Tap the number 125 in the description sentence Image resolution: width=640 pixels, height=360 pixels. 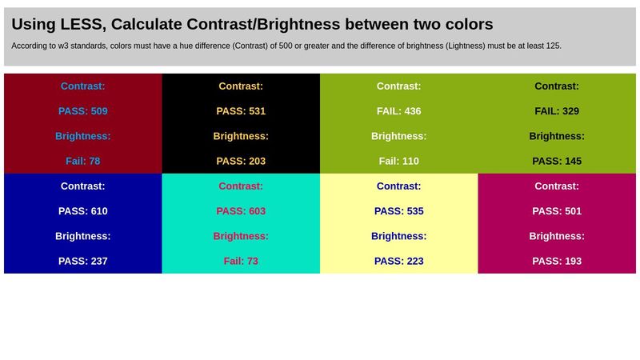pyautogui.click(x=553, y=46)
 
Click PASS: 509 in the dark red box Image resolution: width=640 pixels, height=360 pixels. pyautogui.click(x=83, y=111)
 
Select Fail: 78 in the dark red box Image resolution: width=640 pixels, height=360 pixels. pyautogui.click(x=83, y=161)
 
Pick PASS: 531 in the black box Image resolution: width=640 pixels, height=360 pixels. pyautogui.click(x=241, y=111)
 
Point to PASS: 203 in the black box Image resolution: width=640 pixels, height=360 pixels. pyautogui.click(x=241, y=161)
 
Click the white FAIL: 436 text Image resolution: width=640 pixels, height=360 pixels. pyautogui.click(x=398, y=111)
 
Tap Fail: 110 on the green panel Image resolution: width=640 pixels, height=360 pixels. pyautogui.click(x=398, y=161)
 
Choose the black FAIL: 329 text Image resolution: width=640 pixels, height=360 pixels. pyautogui.click(x=557, y=111)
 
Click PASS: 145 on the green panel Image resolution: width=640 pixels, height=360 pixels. pyautogui.click(x=557, y=161)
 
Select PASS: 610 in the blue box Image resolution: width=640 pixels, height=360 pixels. pyautogui.click(x=83, y=211)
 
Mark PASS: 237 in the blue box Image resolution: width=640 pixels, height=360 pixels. pyautogui.click(x=83, y=261)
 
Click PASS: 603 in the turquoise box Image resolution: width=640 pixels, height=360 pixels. pyautogui.click(x=241, y=211)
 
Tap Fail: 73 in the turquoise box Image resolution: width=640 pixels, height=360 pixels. pyautogui.click(x=241, y=261)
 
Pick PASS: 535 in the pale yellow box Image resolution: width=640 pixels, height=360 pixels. pyautogui.click(x=398, y=211)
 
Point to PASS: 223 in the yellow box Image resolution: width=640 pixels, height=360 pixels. pyautogui.click(x=398, y=261)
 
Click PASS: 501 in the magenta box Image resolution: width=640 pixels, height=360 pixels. pyautogui.click(x=557, y=211)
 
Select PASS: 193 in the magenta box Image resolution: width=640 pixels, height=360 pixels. pyautogui.click(x=557, y=261)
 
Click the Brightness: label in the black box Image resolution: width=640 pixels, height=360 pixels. pyautogui.click(x=241, y=136)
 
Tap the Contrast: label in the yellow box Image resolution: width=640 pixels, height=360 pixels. pyautogui.click(x=398, y=186)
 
